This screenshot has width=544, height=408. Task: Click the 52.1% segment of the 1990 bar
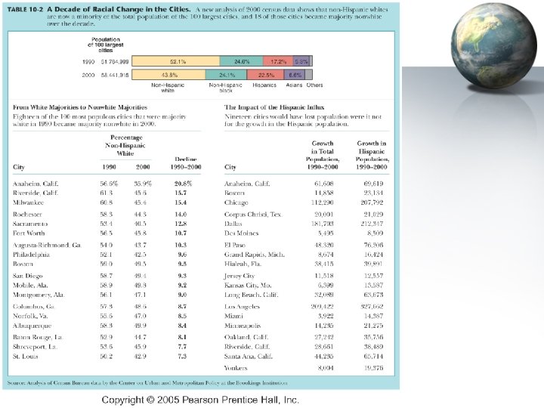pyautogui.click(x=178, y=60)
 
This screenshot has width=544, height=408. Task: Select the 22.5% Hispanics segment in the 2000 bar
pyautogui.click(x=267, y=76)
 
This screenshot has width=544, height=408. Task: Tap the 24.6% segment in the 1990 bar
pyautogui.click(x=242, y=60)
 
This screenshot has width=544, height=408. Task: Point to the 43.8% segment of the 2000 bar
pyautogui.click(x=169, y=76)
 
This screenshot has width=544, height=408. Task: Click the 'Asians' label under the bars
pyautogui.click(x=295, y=85)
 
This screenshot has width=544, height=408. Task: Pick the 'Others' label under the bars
pyautogui.click(x=314, y=85)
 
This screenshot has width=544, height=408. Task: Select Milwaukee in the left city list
pyautogui.click(x=28, y=202)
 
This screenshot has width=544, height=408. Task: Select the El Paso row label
pyautogui.click(x=234, y=246)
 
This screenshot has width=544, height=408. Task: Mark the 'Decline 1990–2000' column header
pyautogui.click(x=186, y=162)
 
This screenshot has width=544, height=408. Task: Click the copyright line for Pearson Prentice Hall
pyautogui.click(x=201, y=399)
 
